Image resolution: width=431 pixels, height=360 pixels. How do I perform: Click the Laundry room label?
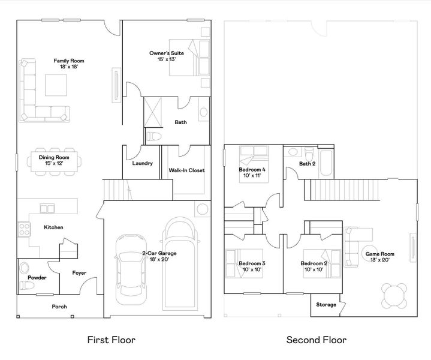click(142, 163)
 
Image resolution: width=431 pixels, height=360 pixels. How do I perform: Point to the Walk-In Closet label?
click(186, 170)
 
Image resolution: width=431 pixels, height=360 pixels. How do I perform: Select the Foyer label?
click(79, 273)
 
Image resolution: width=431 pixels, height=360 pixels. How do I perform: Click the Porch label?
click(59, 307)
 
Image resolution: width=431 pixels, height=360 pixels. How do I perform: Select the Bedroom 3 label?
click(252, 263)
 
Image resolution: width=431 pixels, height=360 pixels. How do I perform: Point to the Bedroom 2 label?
click(314, 263)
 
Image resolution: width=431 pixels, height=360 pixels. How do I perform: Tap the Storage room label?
click(326, 305)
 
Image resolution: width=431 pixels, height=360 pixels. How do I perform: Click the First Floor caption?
click(111, 340)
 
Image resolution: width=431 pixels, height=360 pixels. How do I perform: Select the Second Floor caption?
click(316, 340)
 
